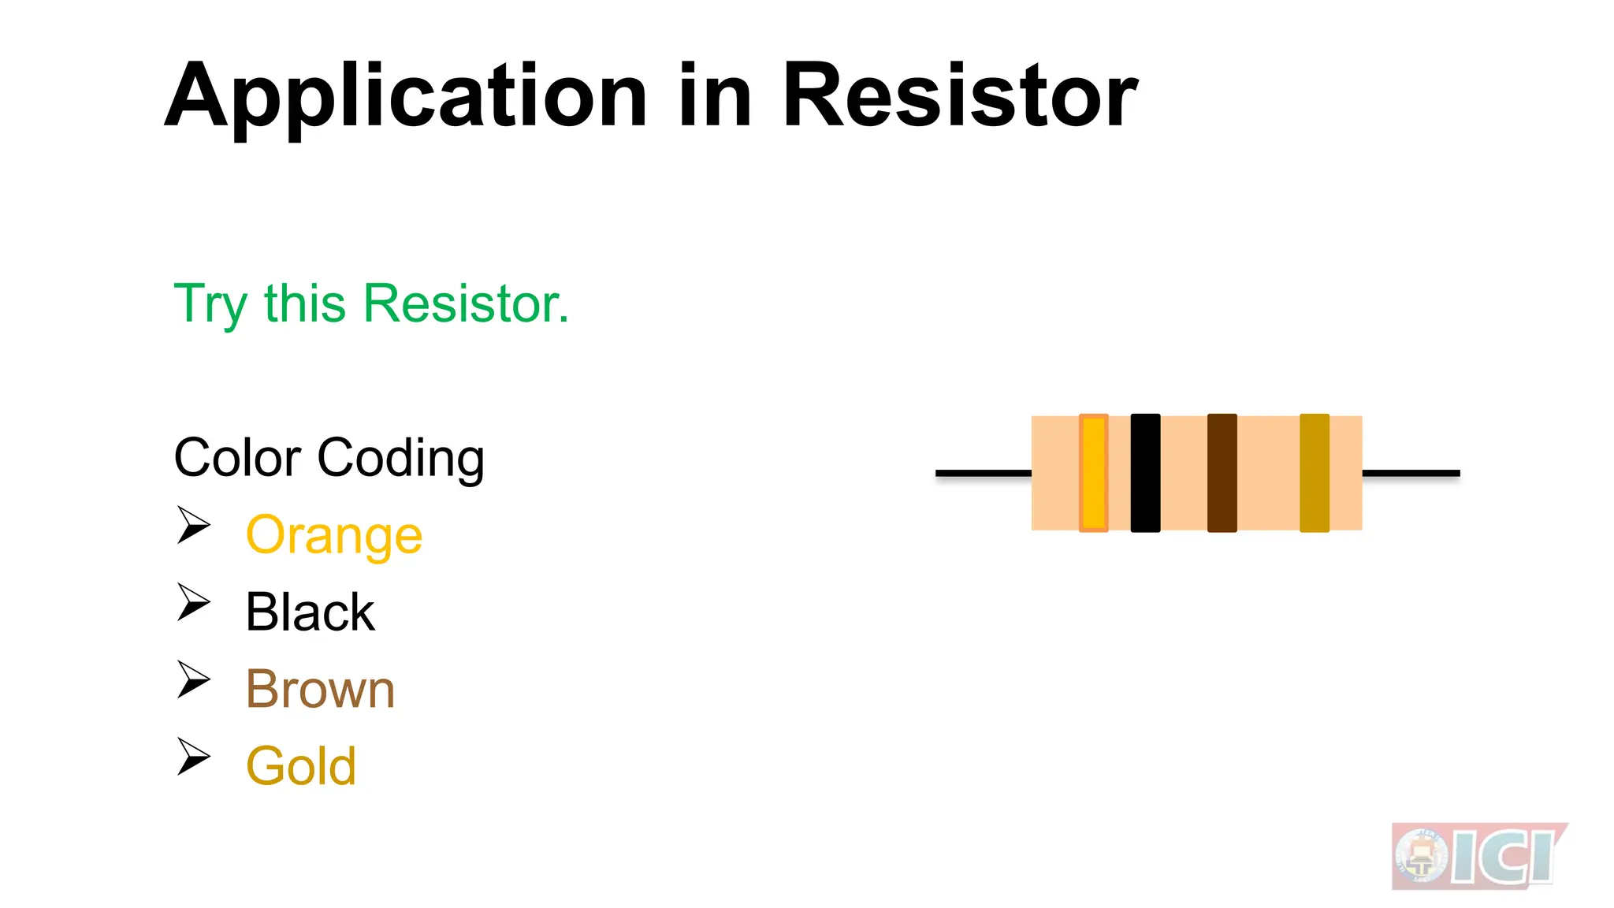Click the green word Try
210,304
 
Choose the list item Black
310,612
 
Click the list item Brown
320,689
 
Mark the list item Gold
301,766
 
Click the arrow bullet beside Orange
193,525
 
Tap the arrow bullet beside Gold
193,757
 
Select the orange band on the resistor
1093,473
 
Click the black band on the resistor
1145,473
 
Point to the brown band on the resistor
1222,473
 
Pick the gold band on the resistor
1314,473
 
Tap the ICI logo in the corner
1478,856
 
